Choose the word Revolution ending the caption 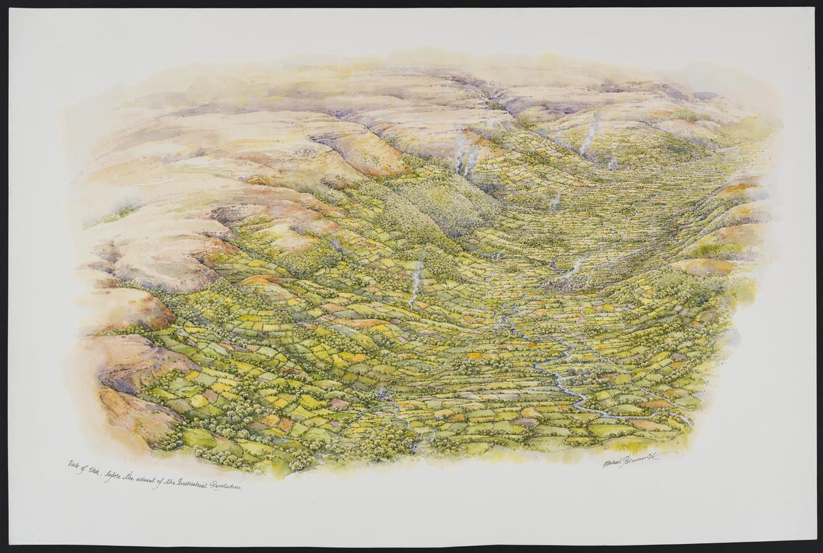click(226, 486)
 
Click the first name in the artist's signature click(614, 461)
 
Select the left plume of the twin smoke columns click(459, 156)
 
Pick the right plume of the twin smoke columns click(472, 160)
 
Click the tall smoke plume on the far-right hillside click(589, 138)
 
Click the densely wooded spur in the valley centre click(443, 200)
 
